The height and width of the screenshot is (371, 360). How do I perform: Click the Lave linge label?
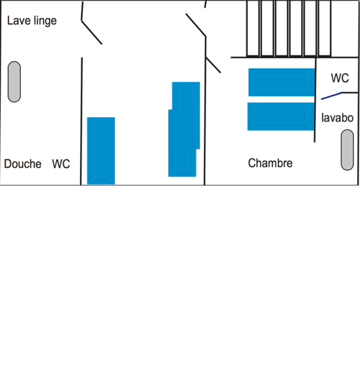32,21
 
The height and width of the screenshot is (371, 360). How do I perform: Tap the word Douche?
22,164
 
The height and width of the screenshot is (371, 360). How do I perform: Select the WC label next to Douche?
61,164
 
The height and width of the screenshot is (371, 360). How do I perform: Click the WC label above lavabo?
340,78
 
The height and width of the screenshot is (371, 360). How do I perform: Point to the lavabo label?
338,118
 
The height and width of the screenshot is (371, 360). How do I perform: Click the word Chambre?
270,163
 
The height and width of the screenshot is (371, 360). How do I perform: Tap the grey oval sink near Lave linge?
14,81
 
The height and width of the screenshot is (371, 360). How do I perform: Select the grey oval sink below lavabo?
347,150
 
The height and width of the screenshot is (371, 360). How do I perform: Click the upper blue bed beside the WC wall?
282,82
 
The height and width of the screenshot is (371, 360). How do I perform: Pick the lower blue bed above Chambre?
281,116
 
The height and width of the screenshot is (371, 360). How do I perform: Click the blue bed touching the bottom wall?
101,151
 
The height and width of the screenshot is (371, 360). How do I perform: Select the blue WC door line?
332,96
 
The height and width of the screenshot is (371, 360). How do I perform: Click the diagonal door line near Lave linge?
92,33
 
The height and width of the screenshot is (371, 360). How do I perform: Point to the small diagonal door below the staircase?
213,65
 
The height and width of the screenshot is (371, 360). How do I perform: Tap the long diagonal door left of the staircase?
196,25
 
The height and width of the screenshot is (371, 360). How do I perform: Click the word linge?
45,21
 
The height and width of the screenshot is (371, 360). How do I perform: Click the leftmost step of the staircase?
253,28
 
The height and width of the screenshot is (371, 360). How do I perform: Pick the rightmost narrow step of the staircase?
325,28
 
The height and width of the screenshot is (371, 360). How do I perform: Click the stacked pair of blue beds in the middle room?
184,129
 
